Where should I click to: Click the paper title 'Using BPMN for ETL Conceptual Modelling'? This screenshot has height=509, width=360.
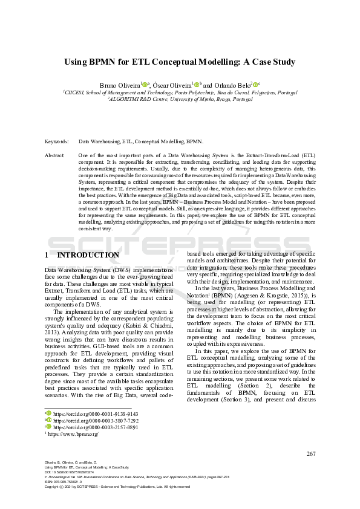click(x=180, y=62)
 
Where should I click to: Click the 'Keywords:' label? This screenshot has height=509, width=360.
click(x=56, y=141)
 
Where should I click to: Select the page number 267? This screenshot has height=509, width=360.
click(x=312, y=454)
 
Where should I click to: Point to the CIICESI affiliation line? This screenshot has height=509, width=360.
click(x=180, y=92)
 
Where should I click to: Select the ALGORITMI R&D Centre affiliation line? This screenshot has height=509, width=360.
click(x=180, y=99)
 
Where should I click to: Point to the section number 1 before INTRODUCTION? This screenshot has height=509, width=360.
click(x=47, y=255)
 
